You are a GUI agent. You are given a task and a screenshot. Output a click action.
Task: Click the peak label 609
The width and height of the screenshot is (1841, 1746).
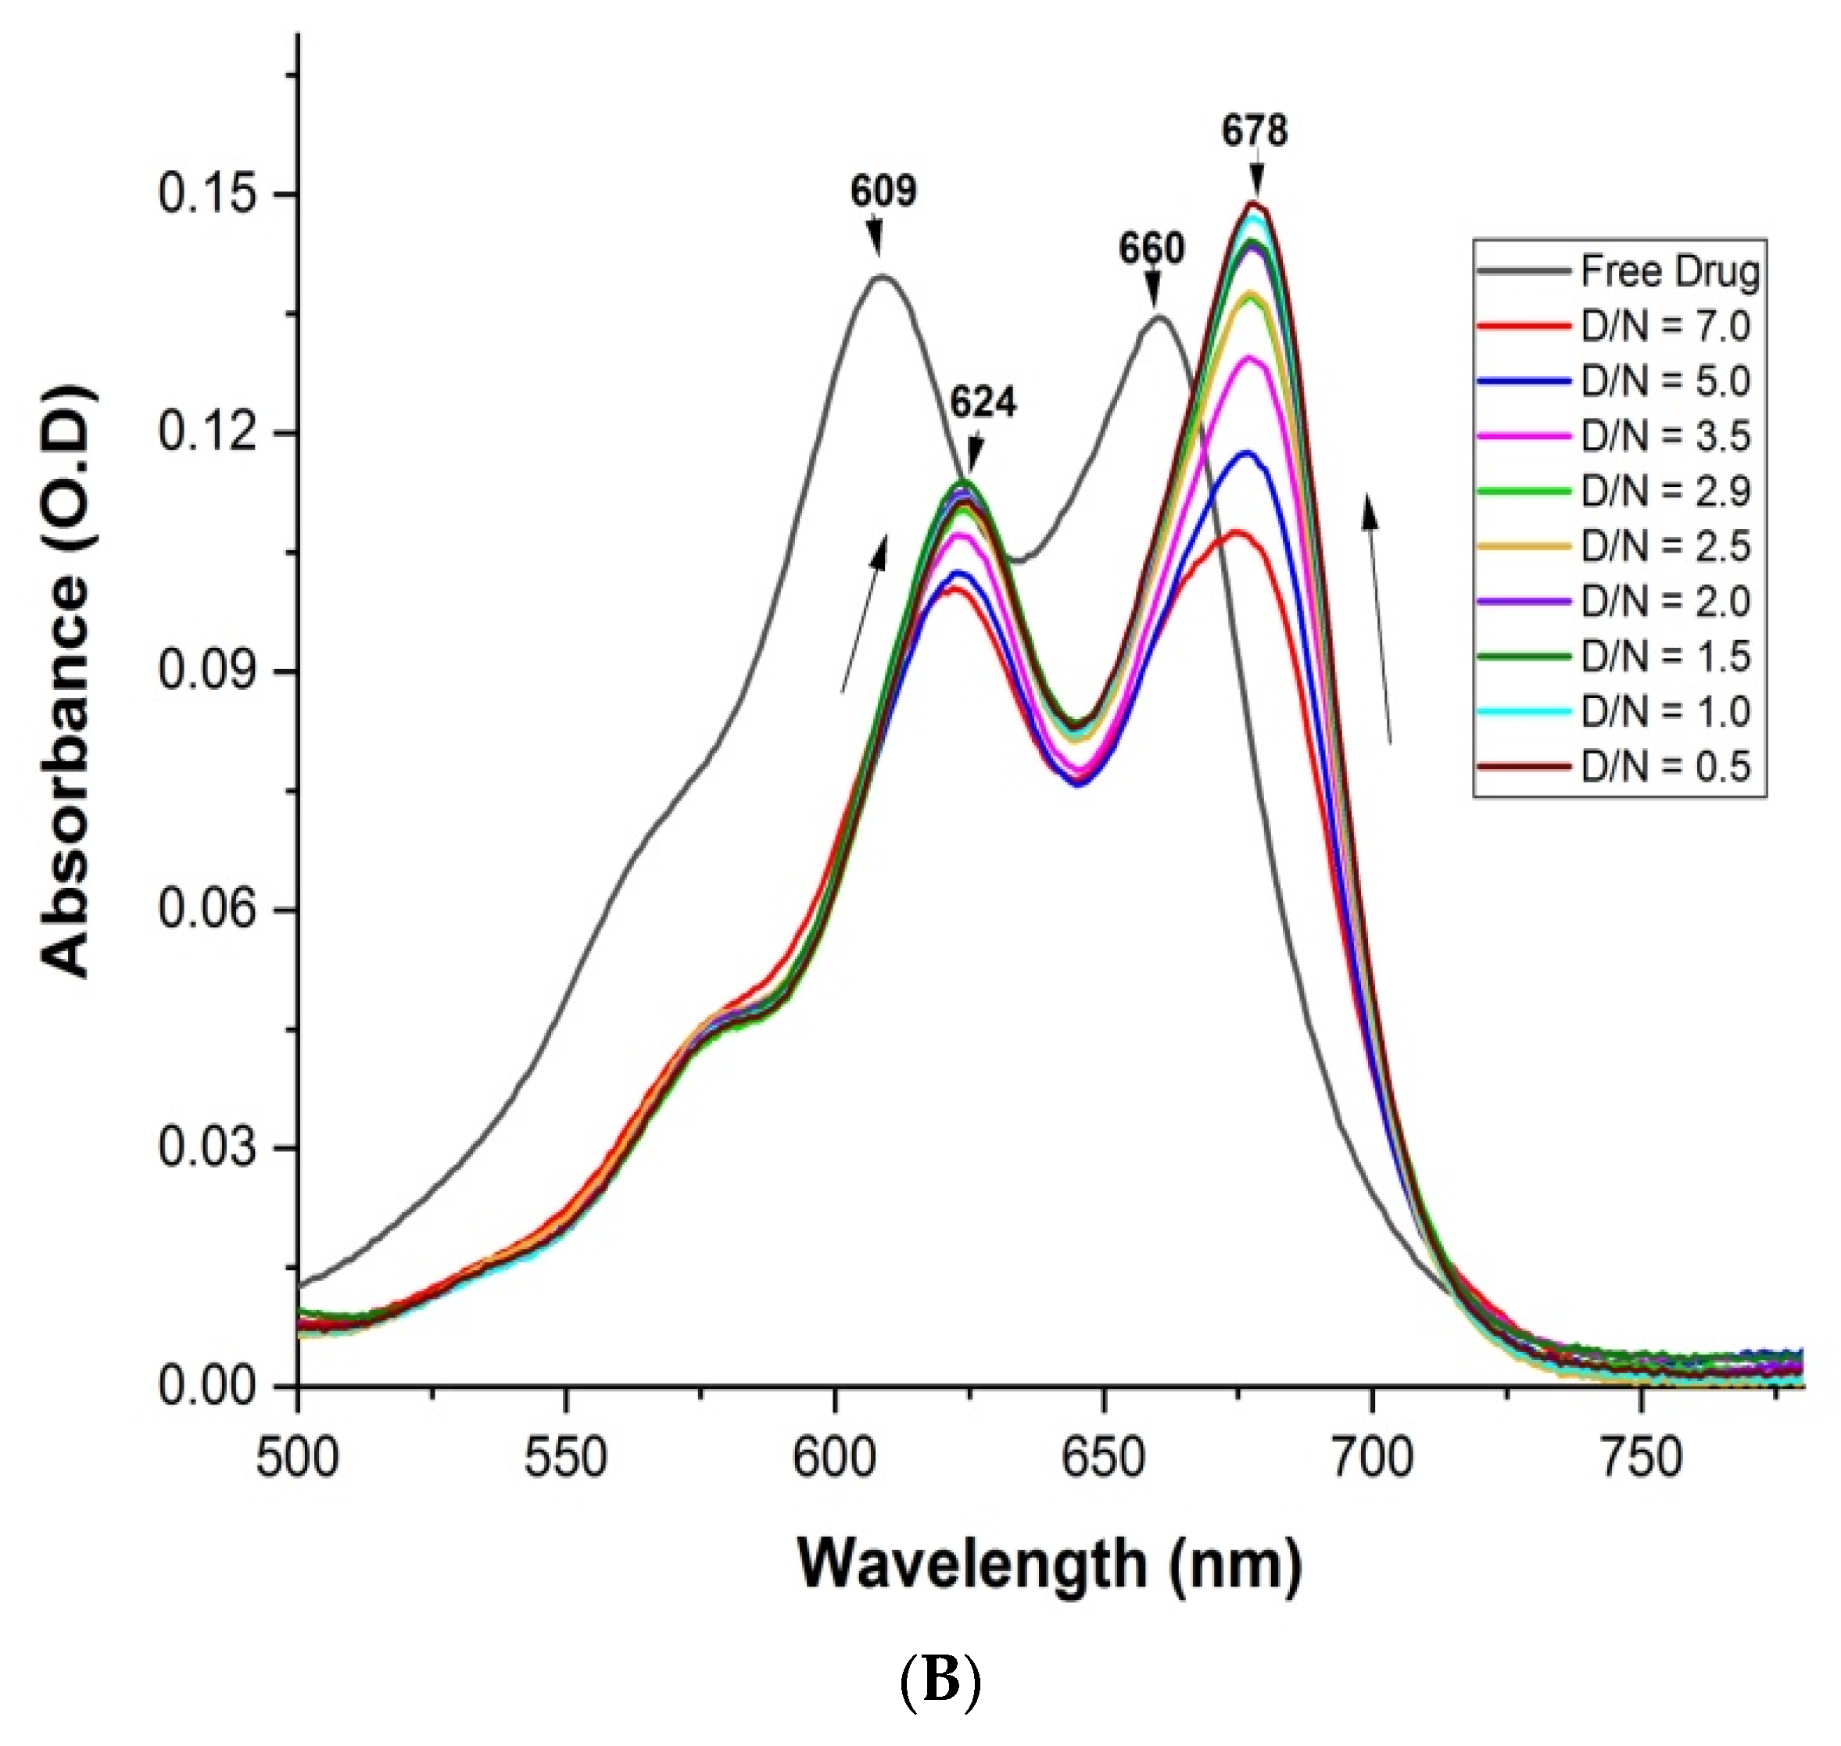[883, 191]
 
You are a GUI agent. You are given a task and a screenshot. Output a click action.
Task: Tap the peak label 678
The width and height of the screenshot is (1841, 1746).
[1254, 131]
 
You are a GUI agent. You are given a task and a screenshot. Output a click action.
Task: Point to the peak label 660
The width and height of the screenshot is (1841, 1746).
[1152, 249]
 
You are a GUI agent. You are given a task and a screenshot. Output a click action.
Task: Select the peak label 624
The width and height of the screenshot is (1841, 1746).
[983, 402]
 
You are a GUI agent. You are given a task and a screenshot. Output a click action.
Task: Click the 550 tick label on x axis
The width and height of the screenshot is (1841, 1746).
[565, 1458]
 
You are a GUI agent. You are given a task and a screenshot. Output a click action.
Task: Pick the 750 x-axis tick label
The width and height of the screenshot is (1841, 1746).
[1641, 1458]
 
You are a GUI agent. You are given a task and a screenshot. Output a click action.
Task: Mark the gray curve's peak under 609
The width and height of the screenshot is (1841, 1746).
[881, 277]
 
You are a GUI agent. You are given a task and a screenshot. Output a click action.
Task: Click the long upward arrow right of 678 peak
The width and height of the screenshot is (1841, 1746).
[1378, 619]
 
